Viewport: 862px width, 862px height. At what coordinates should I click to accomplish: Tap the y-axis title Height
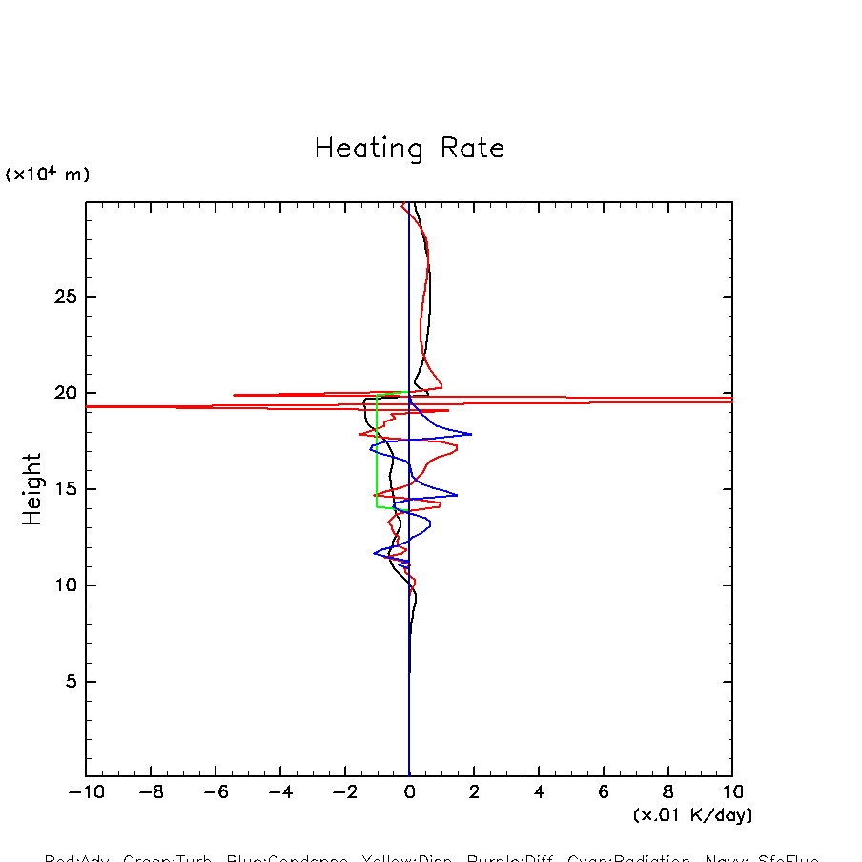point(32,488)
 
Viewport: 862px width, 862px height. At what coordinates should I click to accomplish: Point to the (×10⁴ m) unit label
point(48,174)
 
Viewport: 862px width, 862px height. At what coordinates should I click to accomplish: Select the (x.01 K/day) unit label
point(692,815)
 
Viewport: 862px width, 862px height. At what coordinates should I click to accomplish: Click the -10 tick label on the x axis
point(85,792)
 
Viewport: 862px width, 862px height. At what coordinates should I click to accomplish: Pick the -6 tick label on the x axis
point(215,792)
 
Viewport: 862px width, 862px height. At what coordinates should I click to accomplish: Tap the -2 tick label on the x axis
point(344,792)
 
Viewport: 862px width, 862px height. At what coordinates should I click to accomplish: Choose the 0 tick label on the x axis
point(409,792)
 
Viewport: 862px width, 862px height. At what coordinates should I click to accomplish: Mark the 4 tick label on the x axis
point(539,792)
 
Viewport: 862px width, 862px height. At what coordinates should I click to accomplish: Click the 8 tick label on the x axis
point(667,792)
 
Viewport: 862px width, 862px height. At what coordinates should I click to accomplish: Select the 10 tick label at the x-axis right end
point(732,792)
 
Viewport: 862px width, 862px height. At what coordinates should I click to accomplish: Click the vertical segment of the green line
point(377,448)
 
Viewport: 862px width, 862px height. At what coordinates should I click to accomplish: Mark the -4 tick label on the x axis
point(279,792)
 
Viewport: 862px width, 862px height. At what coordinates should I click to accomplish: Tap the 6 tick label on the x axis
point(604,792)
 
